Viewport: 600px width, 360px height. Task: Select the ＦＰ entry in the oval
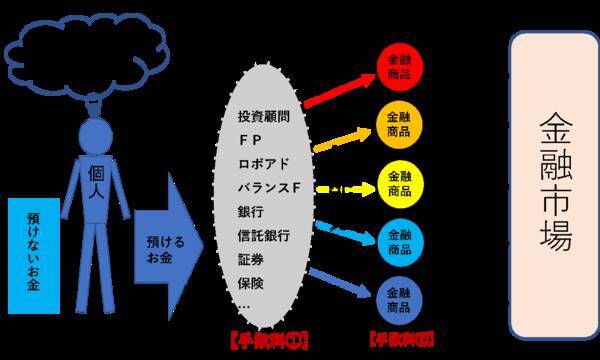pyautogui.click(x=250, y=141)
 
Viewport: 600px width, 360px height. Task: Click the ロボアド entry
pyautogui.click(x=262, y=163)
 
